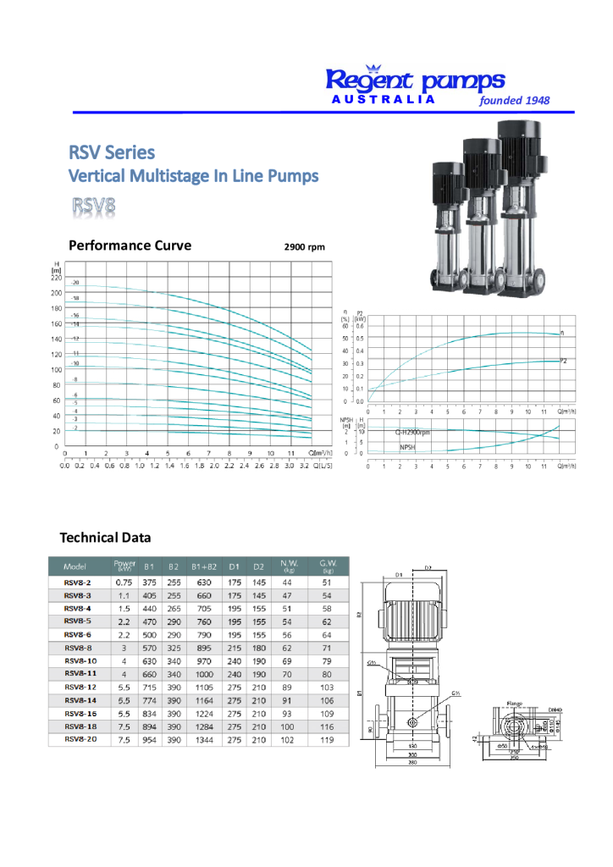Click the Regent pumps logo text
point(415,80)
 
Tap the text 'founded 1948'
point(514,100)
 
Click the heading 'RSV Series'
point(112,152)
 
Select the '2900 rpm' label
point(304,247)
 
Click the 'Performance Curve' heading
point(130,246)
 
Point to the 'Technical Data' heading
point(105,538)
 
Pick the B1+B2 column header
point(203,566)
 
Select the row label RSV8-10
point(80,660)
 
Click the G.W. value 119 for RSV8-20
point(327,739)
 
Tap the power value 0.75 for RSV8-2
point(124,583)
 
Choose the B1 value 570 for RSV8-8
point(149,648)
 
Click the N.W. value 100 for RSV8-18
point(287,726)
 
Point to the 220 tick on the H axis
point(56,277)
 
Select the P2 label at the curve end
point(563,362)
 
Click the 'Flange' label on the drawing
point(515,702)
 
